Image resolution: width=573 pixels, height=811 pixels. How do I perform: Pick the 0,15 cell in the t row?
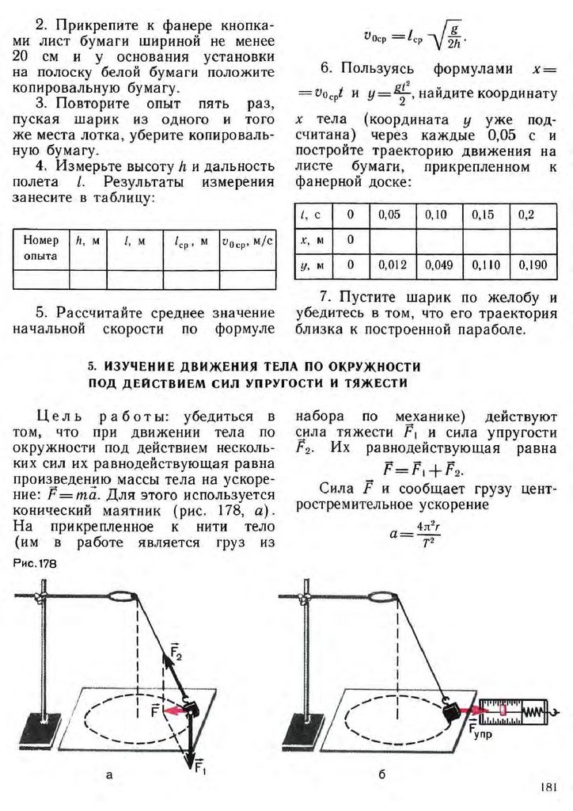point(487,215)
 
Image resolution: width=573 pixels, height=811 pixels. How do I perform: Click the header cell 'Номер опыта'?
point(40,247)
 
